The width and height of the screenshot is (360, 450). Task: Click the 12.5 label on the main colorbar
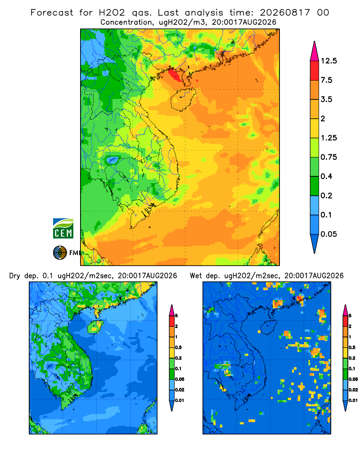pyautogui.click(x=328, y=61)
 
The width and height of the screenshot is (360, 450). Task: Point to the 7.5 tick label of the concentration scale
pyautogui.click(x=326, y=80)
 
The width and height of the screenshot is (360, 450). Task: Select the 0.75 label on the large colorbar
pyautogui.click(x=328, y=157)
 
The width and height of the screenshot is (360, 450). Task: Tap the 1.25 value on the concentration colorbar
pyautogui.click(x=328, y=138)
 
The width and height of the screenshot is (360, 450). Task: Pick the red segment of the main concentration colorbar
pyautogui.click(x=315, y=71)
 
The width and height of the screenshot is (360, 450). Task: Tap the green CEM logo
pyautogui.click(x=63, y=229)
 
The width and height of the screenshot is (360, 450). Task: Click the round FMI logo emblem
pyautogui.click(x=60, y=253)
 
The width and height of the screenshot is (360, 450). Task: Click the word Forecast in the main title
pyautogui.click(x=52, y=13)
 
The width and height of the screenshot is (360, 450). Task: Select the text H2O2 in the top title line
pyautogui.click(x=112, y=13)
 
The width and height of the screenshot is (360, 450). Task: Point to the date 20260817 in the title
pyautogui.click(x=285, y=13)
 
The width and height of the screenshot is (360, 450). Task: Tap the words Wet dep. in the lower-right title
pyautogui.click(x=205, y=276)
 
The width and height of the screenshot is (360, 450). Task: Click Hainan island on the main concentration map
pyautogui.click(x=183, y=99)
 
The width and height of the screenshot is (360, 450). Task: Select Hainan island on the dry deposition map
pyautogui.click(x=95, y=327)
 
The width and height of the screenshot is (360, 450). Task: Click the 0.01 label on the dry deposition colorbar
pyautogui.click(x=180, y=400)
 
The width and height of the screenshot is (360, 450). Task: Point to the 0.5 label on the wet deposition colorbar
pyautogui.click(x=351, y=347)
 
